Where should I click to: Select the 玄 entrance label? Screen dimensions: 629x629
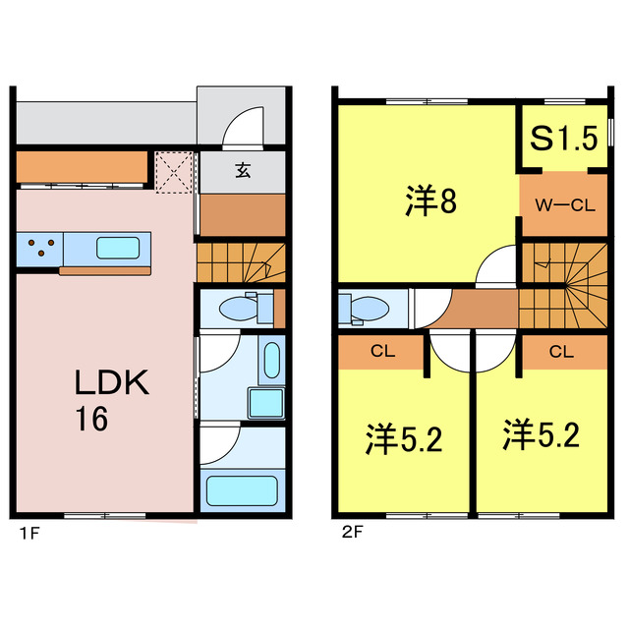242,170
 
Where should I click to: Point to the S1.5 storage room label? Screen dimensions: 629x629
564,139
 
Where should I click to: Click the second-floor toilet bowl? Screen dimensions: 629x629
365,309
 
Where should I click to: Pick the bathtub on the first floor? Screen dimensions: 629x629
242,489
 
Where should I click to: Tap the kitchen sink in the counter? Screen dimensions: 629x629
123,247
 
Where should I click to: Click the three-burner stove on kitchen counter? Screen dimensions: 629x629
40,247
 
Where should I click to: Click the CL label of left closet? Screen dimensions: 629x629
381,350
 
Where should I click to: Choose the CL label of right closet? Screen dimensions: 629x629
561,350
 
